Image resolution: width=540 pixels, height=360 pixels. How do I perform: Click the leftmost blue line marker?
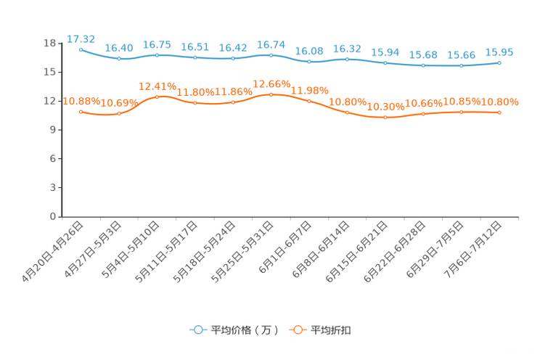coord(81,49)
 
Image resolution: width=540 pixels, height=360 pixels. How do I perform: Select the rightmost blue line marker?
coord(499,63)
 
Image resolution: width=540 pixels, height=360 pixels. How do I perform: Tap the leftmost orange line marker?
coord(81,112)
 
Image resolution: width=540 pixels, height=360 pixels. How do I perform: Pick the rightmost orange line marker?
coord(499,112)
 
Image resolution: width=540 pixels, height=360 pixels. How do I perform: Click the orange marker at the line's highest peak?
coord(271,95)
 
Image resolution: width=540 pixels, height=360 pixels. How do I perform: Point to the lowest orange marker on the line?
coord(385,118)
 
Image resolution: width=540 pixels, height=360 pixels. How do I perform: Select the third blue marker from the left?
coord(157,55)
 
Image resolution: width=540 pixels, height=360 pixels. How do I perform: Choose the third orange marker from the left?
coord(157,97)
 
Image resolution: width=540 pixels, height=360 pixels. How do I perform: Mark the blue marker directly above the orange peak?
coord(271,56)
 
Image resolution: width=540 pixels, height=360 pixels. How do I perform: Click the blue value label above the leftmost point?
coord(81,38)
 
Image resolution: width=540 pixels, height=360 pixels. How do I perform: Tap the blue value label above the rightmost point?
coord(499,52)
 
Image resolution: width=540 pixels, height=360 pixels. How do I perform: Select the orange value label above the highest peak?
coord(271,83)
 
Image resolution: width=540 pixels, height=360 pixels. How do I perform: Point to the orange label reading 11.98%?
coord(310,90)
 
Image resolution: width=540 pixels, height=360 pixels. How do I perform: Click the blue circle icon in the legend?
coord(197,330)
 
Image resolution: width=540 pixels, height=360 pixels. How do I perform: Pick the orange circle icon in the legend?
coord(297,330)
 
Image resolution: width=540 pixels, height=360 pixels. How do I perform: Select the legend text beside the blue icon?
coord(244,330)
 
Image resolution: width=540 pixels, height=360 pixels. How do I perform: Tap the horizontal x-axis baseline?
coord(290,216)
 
